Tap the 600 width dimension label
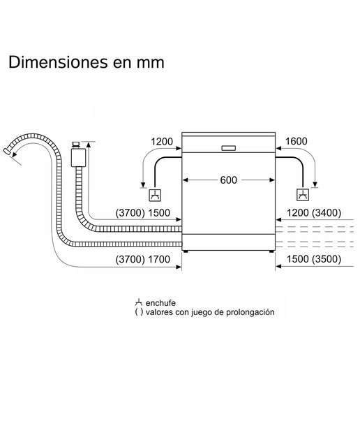coord(228,180)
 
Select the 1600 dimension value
coord(297,141)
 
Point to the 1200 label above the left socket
coord(161,141)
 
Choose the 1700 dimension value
coord(159,259)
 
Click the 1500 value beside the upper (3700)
coord(159,212)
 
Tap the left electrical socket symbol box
coord(155,196)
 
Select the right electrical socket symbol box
coord(303,195)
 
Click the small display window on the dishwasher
coord(228,148)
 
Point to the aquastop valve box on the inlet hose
coord(78,157)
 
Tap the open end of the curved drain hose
coord(7,151)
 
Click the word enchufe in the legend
coord(160,302)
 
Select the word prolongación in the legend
coord(250,312)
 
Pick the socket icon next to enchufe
coord(139,302)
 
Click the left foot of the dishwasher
coord(186,251)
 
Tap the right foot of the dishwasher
coord(271,251)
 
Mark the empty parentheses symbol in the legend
coord(139,312)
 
